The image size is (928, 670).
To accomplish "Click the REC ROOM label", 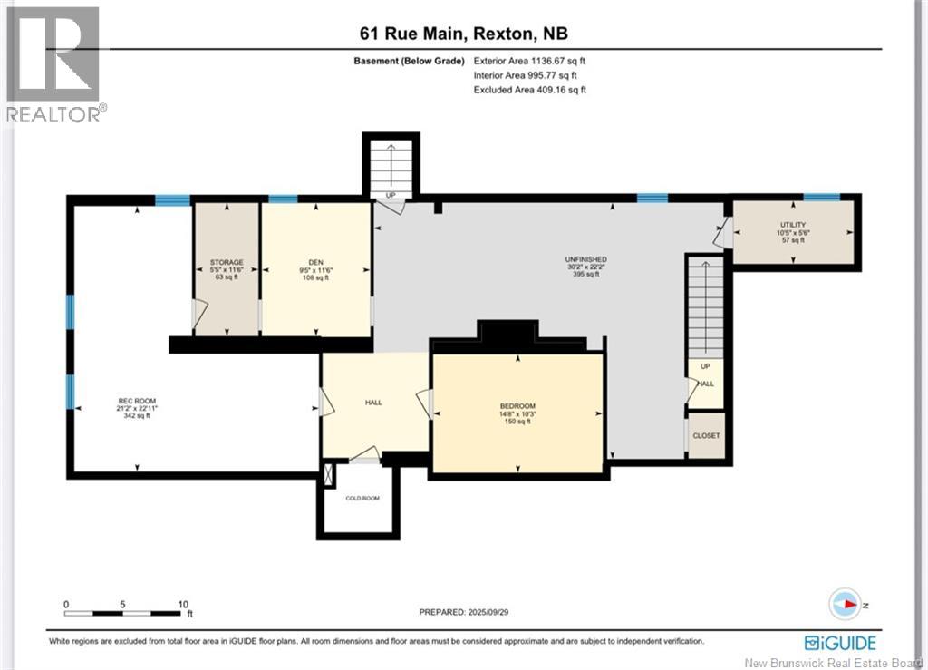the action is coord(137,401).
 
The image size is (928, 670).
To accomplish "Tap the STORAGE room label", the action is coord(227,262).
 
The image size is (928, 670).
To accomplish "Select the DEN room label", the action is coord(315,262).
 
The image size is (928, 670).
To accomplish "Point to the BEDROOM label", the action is coord(517,406).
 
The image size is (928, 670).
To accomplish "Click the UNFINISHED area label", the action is coord(586,259).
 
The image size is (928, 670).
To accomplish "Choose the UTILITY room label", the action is coord(793,225).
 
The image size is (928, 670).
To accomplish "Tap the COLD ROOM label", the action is coord(362,499).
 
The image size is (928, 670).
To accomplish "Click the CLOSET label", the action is coord(706,435).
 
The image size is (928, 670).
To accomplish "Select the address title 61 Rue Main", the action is coord(413,34).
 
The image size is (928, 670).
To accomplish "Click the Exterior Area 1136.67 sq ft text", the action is coord(529,61).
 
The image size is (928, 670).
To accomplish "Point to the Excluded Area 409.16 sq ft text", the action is coord(529,90).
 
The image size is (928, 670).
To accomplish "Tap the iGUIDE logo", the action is coord(840,643).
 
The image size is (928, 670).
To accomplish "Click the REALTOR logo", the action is coord(53,64).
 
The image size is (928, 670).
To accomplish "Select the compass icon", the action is coord(845,605).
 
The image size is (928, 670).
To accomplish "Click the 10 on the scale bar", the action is coord(183,605).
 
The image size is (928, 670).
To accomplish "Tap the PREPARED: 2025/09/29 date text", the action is coord(463,612).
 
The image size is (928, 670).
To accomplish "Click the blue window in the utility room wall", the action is coord(821,197).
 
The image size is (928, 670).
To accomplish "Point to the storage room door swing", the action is coord(198,313).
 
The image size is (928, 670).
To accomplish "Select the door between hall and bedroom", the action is coord(425,403).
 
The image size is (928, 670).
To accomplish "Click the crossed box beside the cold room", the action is coord(328,475).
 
